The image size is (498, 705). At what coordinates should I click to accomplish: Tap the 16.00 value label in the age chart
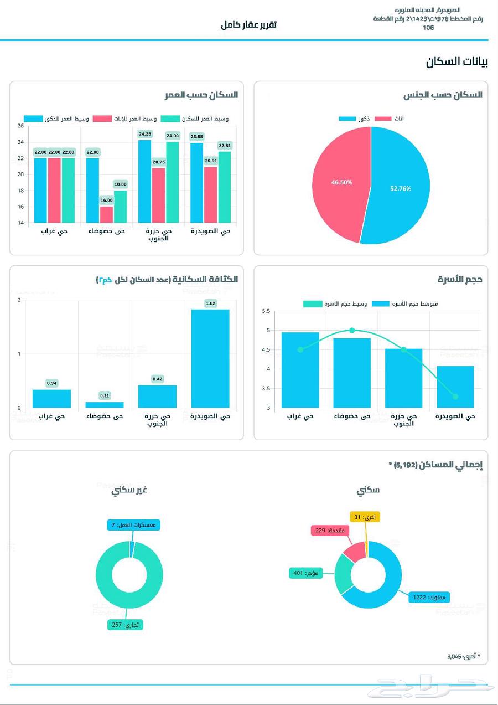(107, 200)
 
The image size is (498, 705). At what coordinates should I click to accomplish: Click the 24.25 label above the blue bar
(145, 134)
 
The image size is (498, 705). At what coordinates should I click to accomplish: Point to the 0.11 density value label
(105, 395)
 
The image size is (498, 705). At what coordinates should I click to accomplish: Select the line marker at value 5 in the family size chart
(352, 330)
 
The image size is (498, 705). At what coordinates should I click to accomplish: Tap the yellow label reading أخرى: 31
(365, 517)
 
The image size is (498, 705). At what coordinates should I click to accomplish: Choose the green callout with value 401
(305, 573)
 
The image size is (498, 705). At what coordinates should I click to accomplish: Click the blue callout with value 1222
(429, 597)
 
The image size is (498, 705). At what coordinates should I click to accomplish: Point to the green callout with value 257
(126, 625)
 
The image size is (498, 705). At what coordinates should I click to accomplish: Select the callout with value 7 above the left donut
(133, 524)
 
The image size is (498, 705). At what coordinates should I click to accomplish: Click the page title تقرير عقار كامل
(248, 25)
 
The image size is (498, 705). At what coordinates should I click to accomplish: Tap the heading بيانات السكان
(456, 62)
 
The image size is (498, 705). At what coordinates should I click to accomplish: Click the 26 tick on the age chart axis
(20, 126)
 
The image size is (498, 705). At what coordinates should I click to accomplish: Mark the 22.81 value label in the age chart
(225, 146)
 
